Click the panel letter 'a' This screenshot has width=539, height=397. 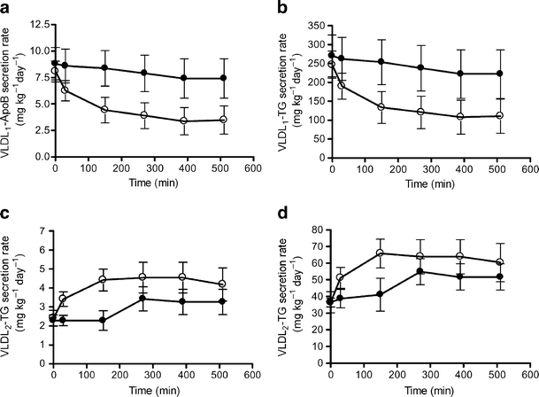point(6,10)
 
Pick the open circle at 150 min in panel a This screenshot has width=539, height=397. point(104,110)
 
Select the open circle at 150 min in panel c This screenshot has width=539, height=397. point(104,280)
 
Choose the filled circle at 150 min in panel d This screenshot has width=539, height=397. point(381,294)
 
